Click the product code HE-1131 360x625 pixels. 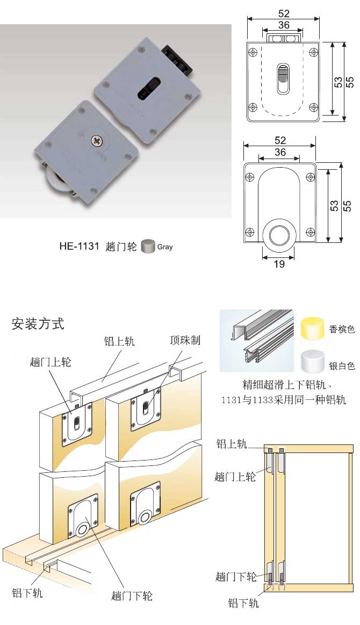(x=79, y=247)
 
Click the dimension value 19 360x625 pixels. (x=279, y=264)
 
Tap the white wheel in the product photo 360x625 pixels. (x=51, y=185)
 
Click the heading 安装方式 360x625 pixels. (x=38, y=324)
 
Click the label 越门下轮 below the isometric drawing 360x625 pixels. (x=132, y=595)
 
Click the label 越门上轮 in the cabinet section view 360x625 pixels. (x=235, y=476)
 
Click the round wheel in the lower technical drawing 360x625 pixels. (x=279, y=236)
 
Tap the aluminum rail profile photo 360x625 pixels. (x=257, y=340)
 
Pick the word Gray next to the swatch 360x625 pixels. (x=165, y=247)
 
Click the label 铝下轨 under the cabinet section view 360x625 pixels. (x=243, y=603)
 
